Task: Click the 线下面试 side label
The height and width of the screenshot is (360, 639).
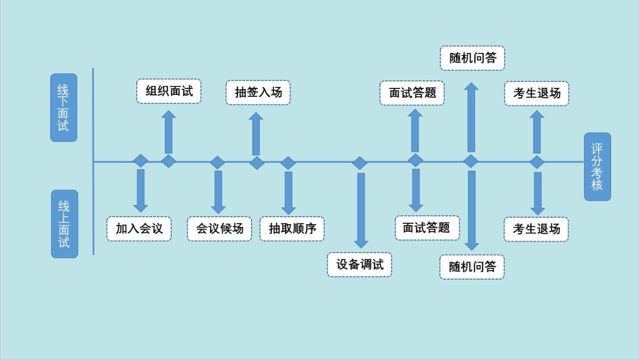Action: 63,107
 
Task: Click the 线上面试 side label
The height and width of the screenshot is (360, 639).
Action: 64,224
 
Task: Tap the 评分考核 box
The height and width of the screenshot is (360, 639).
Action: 597,167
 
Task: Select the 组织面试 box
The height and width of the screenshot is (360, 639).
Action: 169,91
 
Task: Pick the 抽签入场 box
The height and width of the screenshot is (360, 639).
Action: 258,92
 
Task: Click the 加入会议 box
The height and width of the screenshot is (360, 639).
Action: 139,229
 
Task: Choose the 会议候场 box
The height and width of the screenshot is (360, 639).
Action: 220,229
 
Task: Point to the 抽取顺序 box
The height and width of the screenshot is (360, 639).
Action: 292,229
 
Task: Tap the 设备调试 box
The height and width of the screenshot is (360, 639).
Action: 359,265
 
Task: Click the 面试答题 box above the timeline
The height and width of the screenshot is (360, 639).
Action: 412,93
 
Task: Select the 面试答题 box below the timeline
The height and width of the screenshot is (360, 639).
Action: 427,228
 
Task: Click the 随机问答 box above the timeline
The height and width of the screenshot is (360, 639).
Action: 472,58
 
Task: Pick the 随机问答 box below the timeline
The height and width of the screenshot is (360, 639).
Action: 472,267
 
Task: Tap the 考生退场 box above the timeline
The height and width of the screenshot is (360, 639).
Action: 537,93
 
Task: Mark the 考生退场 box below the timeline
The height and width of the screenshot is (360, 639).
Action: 536,229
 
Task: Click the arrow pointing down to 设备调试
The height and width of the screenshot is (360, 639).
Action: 361,210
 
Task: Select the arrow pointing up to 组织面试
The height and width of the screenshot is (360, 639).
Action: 169,132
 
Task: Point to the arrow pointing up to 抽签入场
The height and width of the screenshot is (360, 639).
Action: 256,134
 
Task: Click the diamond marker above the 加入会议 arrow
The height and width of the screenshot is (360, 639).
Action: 141,161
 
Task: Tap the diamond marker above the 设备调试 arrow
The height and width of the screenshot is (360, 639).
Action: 359,163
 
